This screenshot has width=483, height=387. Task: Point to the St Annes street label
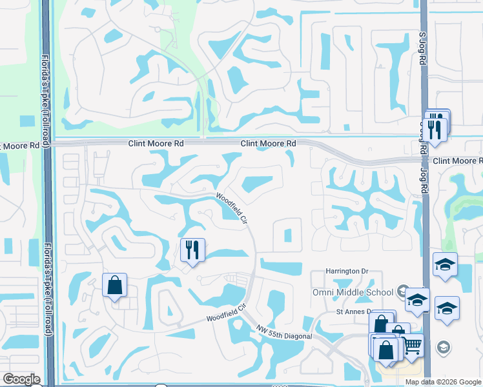[353, 312]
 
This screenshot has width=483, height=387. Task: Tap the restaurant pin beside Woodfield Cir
[192, 250]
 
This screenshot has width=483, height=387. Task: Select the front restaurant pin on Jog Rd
[437, 129]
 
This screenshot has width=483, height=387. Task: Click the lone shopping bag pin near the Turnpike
[114, 285]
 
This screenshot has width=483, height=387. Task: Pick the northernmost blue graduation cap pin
[445, 264]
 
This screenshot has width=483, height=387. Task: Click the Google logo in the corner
[21, 379]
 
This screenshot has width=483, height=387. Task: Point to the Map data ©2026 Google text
[443, 382]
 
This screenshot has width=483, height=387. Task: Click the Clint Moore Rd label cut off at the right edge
[457, 161]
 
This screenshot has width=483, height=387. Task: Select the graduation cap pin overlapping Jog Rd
[417, 299]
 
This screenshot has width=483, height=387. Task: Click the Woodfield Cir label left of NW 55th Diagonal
[227, 314]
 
